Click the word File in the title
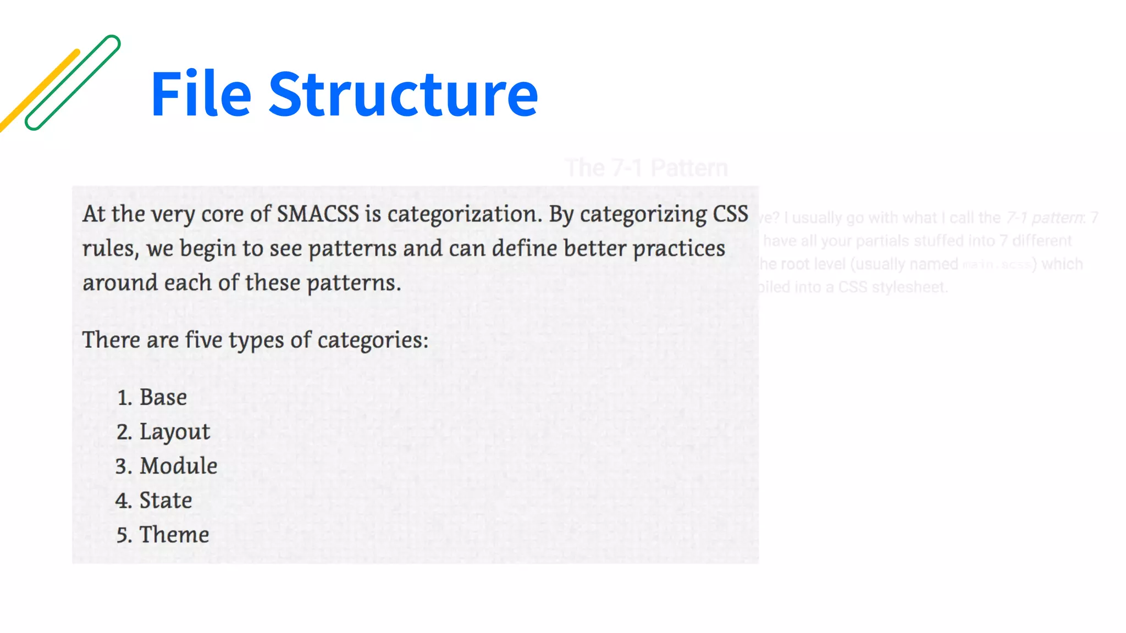[201, 95]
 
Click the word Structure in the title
[403, 95]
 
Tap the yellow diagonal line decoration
[38, 91]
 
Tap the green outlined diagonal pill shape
[73, 82]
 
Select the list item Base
[163, 397]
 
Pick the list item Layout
[174, 432]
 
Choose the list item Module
[178, 466]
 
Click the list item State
[165, 501]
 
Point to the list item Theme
[174, 535]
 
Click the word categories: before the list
[373, 340]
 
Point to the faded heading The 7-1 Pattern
[646, 168]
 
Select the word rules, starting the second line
[111, 249]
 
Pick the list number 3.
[122, 467]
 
